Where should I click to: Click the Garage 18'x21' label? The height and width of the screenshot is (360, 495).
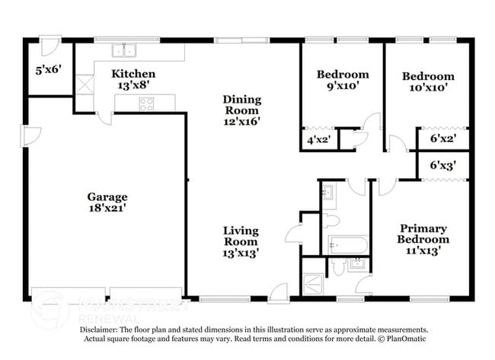click(107, 202)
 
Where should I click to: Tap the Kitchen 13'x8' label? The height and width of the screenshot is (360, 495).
click(133, 79)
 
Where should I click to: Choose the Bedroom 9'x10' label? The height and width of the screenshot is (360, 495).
click(342, 80)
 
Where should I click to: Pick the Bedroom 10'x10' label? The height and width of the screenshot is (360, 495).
click(427, 81)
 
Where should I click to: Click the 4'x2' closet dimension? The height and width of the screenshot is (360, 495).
click(319, 141)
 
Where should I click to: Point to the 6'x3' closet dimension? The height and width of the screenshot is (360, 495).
click(442, 164)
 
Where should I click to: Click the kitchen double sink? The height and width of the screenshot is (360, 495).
click(123, 51)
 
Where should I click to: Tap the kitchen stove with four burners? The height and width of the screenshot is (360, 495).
click(145, 104)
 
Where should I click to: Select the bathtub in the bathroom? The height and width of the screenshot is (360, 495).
click(348, 245)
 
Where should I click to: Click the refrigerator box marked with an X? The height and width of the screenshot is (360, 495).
click(82, 84)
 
